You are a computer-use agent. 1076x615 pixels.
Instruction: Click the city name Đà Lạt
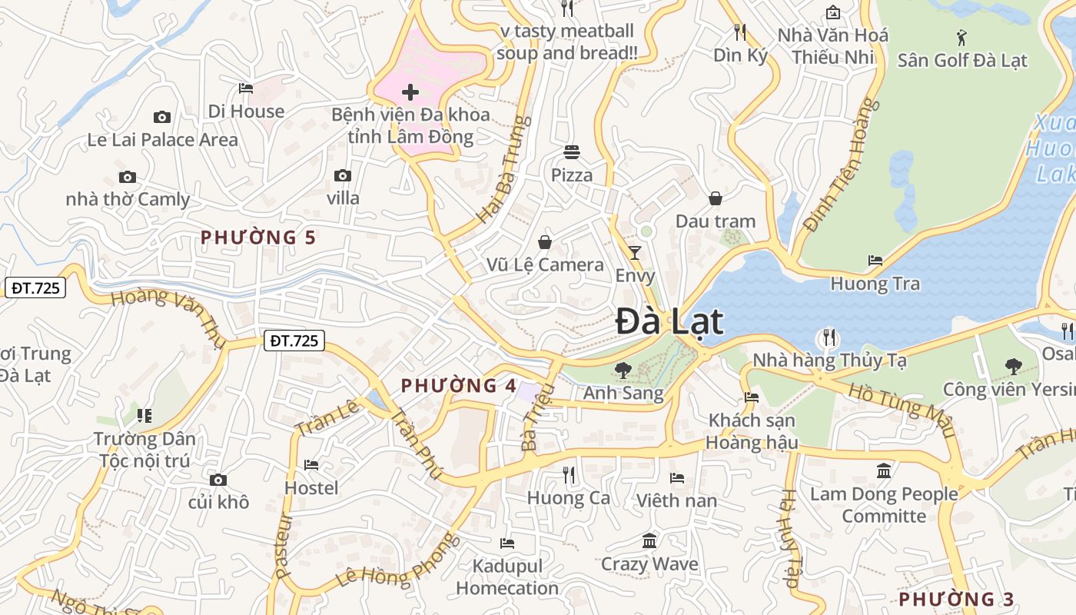pos(669,321)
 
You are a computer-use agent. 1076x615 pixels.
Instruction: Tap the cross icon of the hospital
pos(410,93)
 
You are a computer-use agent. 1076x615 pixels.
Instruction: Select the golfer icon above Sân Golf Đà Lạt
pos(961,37)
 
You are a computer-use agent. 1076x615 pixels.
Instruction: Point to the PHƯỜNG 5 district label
pos(258,238)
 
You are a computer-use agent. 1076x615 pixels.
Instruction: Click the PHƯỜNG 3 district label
pos(956,599)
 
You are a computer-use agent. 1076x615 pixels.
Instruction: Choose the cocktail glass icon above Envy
pos(635,252)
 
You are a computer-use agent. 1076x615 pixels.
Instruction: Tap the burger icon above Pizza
pos(571,151)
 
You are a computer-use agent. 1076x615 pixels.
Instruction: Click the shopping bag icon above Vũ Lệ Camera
pos(545,242)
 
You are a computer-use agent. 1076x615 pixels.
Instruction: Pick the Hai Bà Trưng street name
pos(504,170)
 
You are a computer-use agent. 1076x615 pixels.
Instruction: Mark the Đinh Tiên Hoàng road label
pos(840,165)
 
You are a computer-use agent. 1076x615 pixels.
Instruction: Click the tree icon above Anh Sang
pos(623,371)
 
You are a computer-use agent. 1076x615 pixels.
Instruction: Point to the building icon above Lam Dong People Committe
pos(884,470)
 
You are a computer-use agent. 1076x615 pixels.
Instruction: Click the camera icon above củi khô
pos(218,480)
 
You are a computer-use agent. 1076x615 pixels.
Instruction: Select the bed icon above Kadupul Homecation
pos(506,543)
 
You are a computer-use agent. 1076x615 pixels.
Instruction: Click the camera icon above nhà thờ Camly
pos(128,177)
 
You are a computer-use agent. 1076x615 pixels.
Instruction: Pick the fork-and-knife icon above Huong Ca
pos(569,475)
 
